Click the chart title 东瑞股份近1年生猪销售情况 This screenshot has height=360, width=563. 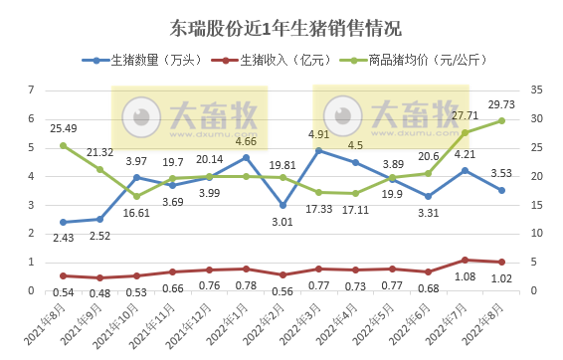click(281, 26)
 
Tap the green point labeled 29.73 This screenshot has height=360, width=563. click(501, 121)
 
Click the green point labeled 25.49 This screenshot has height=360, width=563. click(63, 145)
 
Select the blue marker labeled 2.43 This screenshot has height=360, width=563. click(63, 222)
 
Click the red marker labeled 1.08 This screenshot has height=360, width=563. click(465, 260)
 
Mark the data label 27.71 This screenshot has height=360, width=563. click(465, 116)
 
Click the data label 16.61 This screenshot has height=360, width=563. click(136, 213)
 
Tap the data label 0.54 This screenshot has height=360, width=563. click(63, 293)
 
